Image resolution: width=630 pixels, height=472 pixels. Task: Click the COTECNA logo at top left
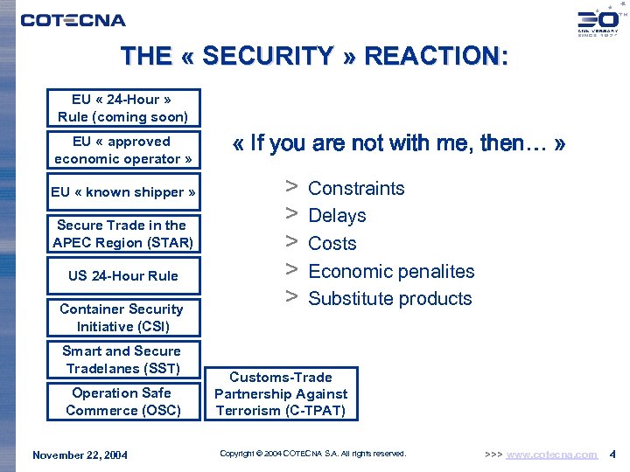pyautogui.click(x=73, y=19)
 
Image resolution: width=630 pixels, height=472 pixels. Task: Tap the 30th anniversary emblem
pyautogui.click(x=598, y=22)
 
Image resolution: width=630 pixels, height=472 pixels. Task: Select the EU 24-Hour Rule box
pyautogui.click(x=123, y=108)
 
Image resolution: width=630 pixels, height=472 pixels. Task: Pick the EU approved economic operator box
pyautogui.click(x=123, y=150)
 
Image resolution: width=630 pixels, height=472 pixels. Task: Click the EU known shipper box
pyautogui.click(x=123, y=192)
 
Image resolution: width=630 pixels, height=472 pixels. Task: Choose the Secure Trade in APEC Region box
pyautogui.click(x=123, y=234)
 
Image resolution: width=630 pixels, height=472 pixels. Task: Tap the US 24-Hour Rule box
pyautogui.click(x=123, y=276)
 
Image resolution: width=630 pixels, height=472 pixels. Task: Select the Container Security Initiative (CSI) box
pyautogui.click(x=123, y=318)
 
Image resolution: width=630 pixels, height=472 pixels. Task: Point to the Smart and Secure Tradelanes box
pyautogui.click(x=123, y=359)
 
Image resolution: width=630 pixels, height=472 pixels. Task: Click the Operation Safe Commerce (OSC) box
pyautogui.click(x=123, y=401)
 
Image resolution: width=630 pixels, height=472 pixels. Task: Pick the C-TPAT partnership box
pyautogui.click(x=281, y=394)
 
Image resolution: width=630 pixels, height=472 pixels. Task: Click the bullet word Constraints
pyautogui.click(x=356, y=189)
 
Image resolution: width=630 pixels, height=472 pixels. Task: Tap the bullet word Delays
pyautogui.click(x=337, y=216)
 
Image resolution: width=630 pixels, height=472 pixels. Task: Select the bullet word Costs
pyautogui.click(x=332, y=244)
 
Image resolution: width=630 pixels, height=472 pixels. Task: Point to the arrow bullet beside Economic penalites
pyautogui.click(x=291, y=270)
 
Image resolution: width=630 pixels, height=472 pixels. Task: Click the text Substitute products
pyautogui.click(x=390, y=299)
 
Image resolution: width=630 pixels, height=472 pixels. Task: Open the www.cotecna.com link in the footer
pyautogui.click(x=552, y=455)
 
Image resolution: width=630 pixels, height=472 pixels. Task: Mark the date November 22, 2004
pyautogui.click(x=80, y=455)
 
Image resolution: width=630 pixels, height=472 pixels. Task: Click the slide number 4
pyautogui.click(x=612, y=455)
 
